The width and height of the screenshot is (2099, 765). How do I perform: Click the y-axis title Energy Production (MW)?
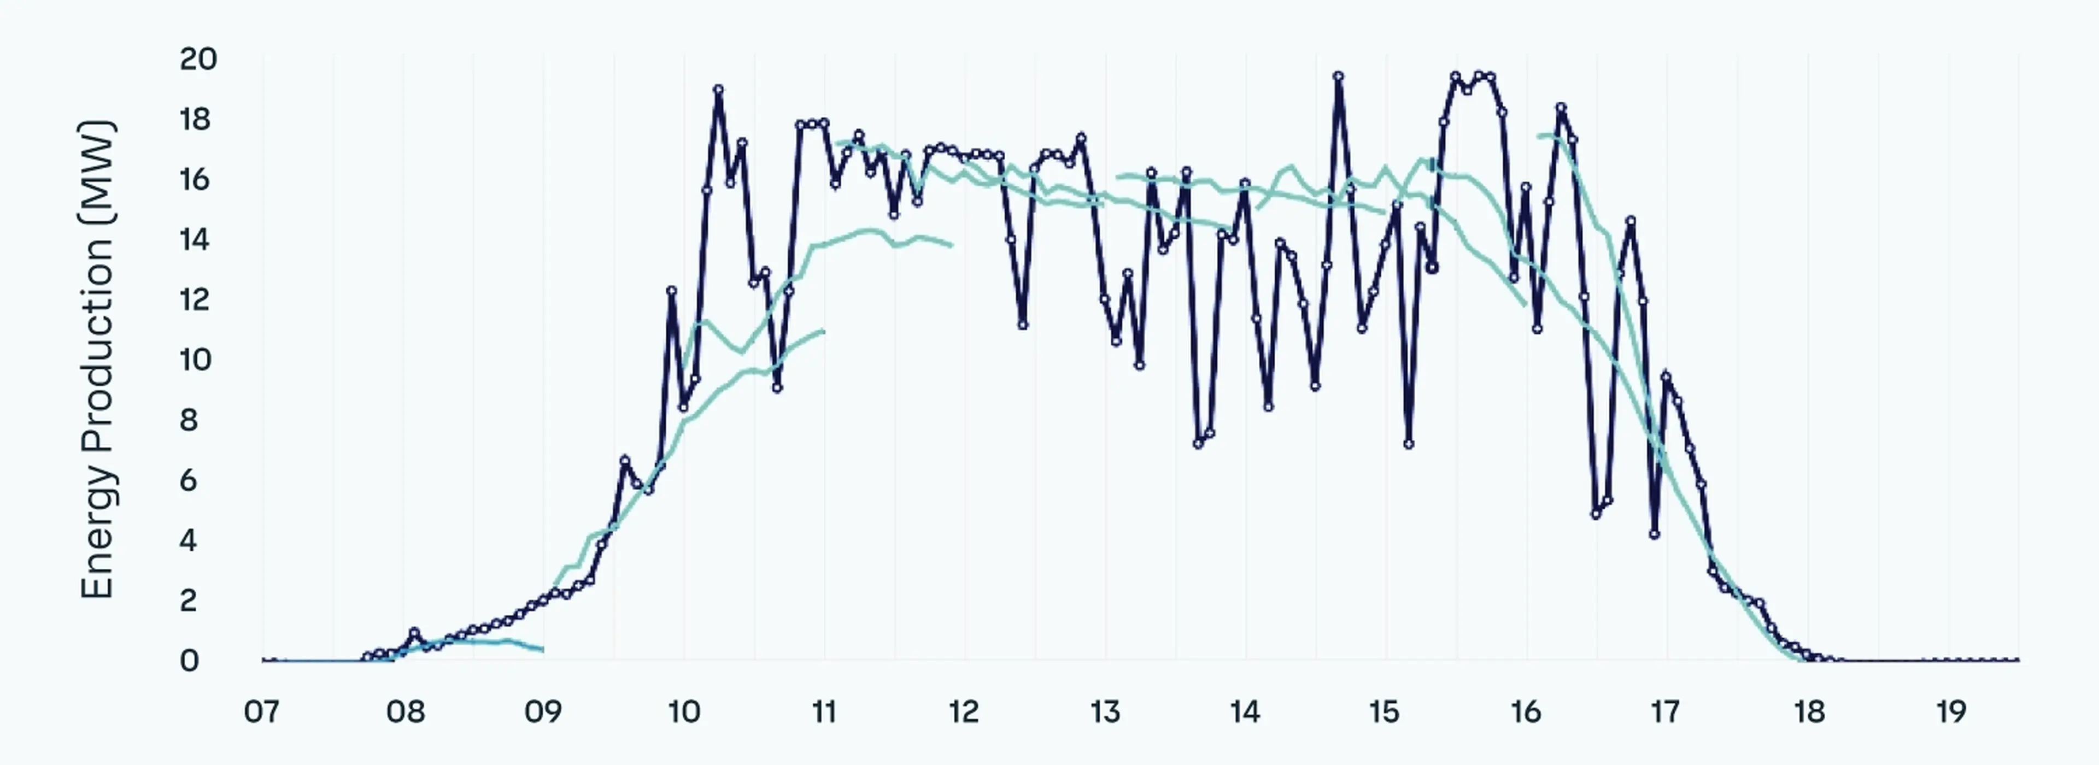[x=98, y=360]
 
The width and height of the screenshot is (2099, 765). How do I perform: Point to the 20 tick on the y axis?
[x=198, y=60]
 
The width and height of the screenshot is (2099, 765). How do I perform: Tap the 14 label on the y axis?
[x=194, y=239]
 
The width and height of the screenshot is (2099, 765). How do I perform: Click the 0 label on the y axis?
[x=189, y=661]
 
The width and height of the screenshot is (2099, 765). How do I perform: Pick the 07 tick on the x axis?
[x=262, y=712]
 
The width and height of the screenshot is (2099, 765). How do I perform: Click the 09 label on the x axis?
[x=543, y=712]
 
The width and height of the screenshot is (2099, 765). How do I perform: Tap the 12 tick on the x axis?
[x=964, y=712]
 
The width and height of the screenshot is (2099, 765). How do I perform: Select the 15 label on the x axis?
[x=1385, y=712]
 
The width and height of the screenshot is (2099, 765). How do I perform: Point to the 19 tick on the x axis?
[x=1951, y=712]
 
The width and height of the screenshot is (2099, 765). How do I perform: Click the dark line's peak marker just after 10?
[x=718, y=90]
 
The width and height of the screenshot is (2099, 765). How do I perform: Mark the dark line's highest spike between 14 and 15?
[x=1338, y=76]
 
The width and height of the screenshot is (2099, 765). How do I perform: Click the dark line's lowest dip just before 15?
[x=1408, y=444]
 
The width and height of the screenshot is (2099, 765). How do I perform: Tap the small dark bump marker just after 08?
[x=414, y=632]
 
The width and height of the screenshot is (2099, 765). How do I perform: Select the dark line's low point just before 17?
[x=1654, y=534]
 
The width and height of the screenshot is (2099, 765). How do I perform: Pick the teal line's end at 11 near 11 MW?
[x=824, y=331]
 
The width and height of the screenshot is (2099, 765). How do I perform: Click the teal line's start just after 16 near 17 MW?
[x=1539, y=136]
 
